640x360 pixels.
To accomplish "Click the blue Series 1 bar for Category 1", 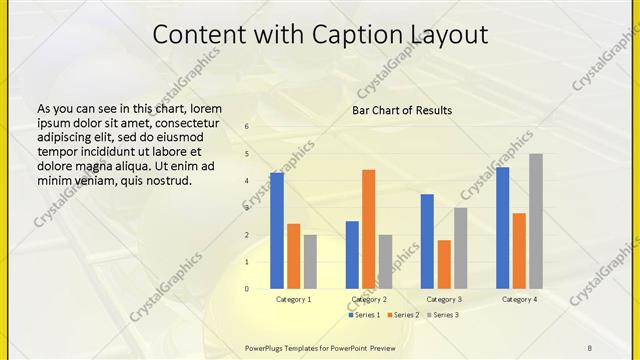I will click(x=277, y=231).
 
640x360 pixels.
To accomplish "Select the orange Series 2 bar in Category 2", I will click(x=369, y=229).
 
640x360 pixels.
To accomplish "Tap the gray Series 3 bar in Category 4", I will click(x=536, y=221).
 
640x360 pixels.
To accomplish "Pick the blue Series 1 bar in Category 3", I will click(x=427, y=241).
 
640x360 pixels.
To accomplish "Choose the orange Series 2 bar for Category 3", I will click(x=444, y=264).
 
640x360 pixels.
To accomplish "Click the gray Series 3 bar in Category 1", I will click(x=310, y=262).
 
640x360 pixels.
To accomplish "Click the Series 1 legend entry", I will click(x=364, y=315).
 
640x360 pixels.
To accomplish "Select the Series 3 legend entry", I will click(x=442, y=315).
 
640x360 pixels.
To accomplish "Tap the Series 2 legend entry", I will click(x=403, y=315).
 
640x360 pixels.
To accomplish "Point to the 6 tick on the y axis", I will click(x=247, y=127).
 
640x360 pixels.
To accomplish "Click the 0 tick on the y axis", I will click(x=247, y=289).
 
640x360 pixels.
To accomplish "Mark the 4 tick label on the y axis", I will click(x=247, y=181).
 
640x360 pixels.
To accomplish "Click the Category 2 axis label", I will click(x=369, y=299).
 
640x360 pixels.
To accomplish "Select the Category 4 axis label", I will click(x=519, y=299).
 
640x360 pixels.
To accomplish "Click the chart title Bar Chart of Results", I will click(x=402, y=110).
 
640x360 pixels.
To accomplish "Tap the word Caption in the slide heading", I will click(x=351, y=35).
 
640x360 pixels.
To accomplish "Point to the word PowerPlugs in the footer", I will click(x=266, y=347).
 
